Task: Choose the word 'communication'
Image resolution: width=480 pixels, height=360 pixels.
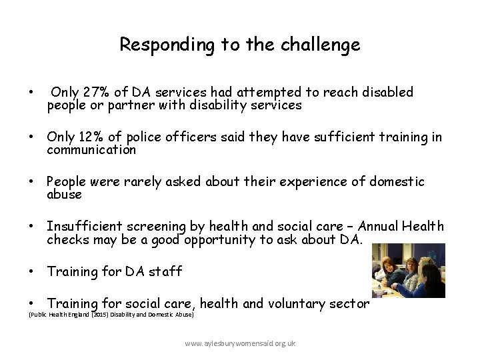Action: click(91, 150)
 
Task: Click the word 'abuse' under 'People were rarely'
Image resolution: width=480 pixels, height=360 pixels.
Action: click(64, 195)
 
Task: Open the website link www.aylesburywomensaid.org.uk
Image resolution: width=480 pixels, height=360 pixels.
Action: click(240, 343)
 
